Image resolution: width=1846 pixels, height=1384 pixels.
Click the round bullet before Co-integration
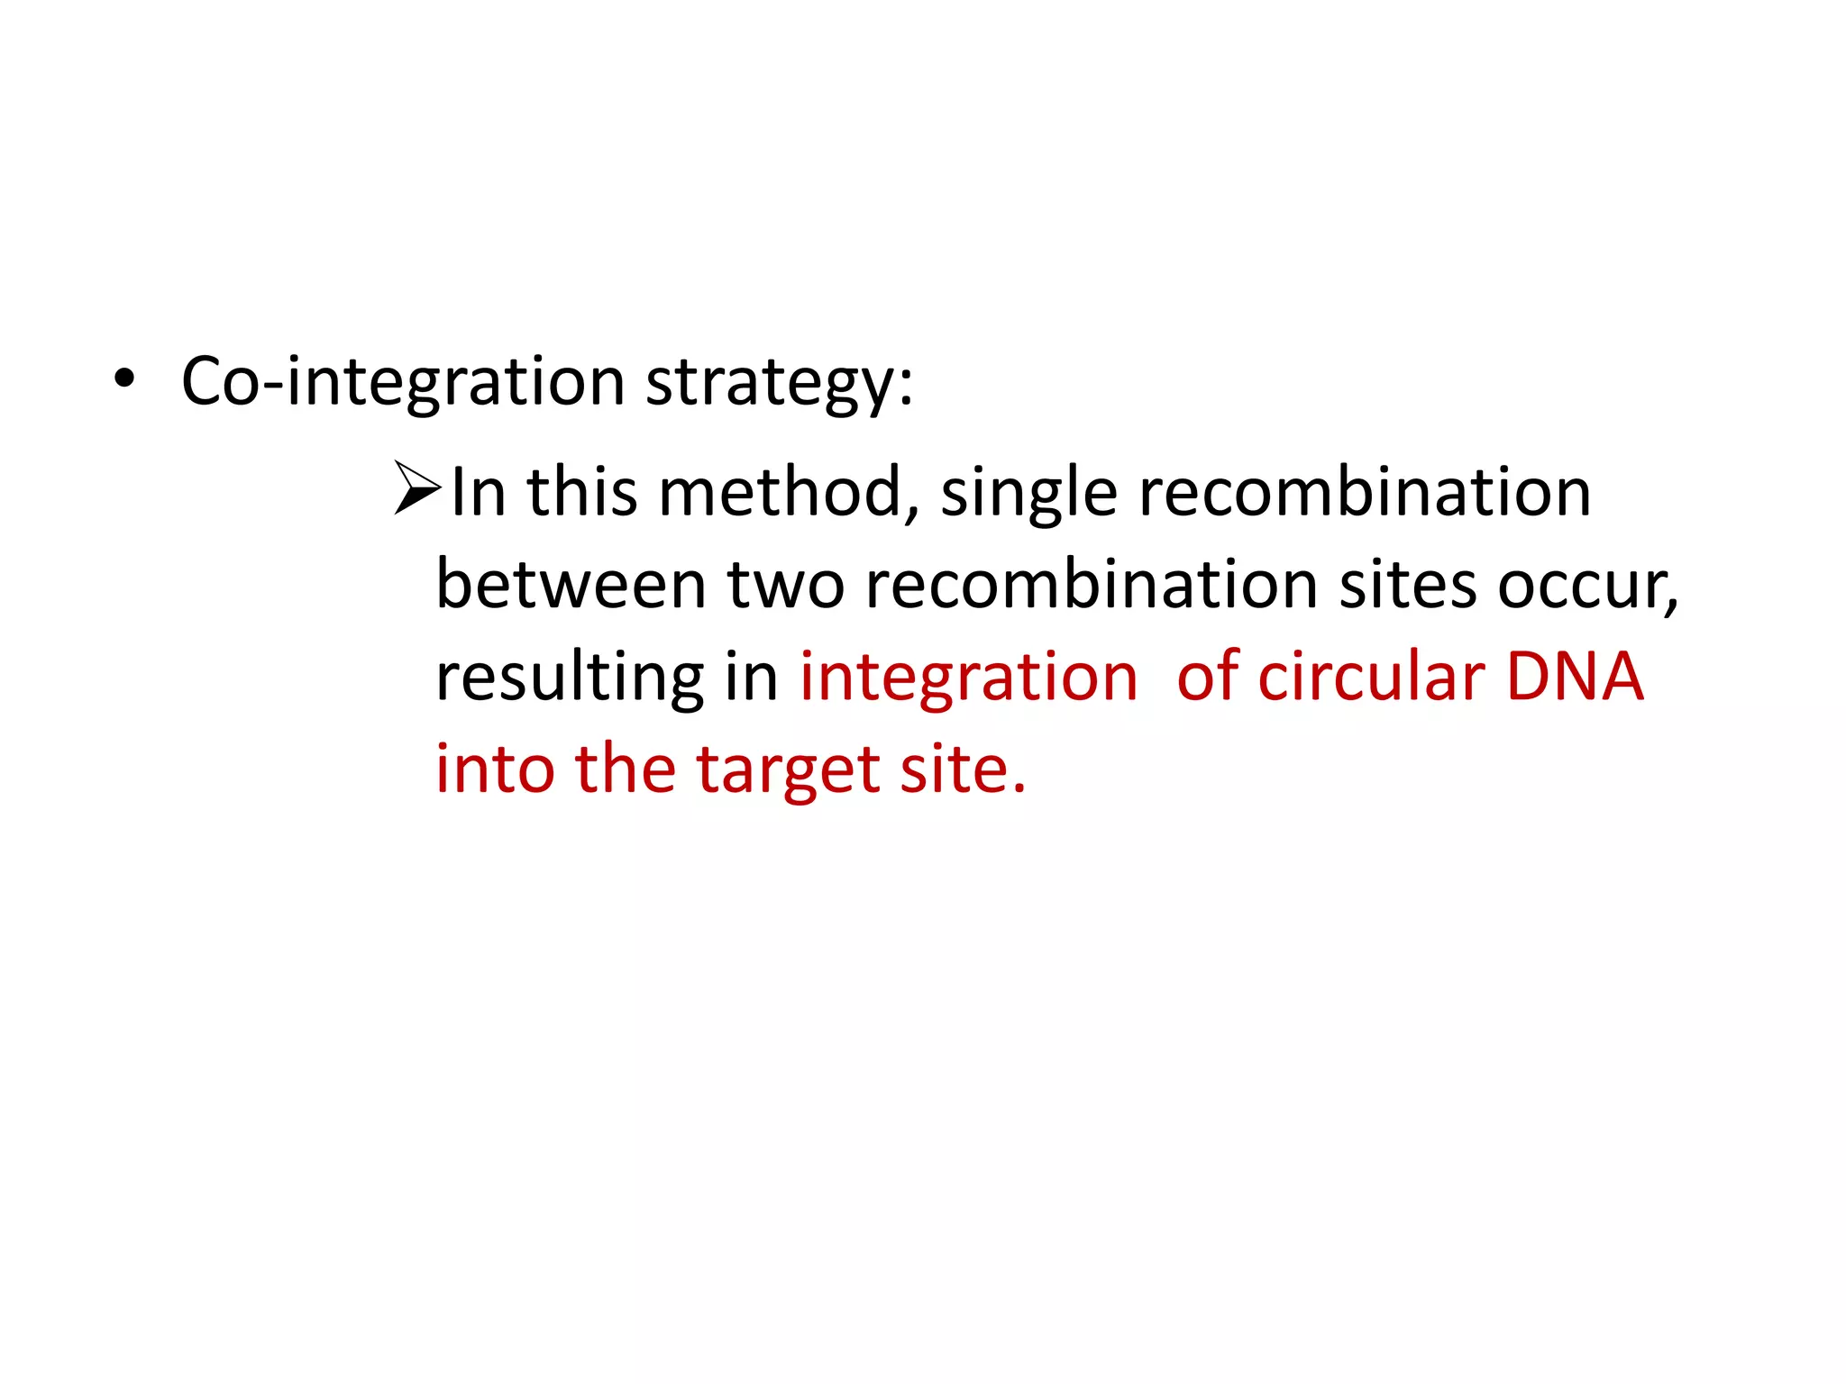click(x=124, y=381)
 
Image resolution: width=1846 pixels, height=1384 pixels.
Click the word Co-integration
click(x=403, y=381)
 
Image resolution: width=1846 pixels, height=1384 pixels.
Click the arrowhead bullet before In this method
click(x=417, y=488)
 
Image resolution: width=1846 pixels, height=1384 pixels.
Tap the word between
click(x=571, y=585)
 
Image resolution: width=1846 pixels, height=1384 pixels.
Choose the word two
click(x=785, y=585)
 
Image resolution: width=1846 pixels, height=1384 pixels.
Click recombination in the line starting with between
click(x=1091, y=585)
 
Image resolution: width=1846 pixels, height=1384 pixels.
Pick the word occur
click(x=1586, y=587)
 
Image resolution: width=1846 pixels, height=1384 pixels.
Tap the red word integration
click(x=969, y=677)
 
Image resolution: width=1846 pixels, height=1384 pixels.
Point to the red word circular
click(x=1370, y=677)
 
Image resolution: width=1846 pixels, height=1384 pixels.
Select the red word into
click(x=495, y=769)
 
